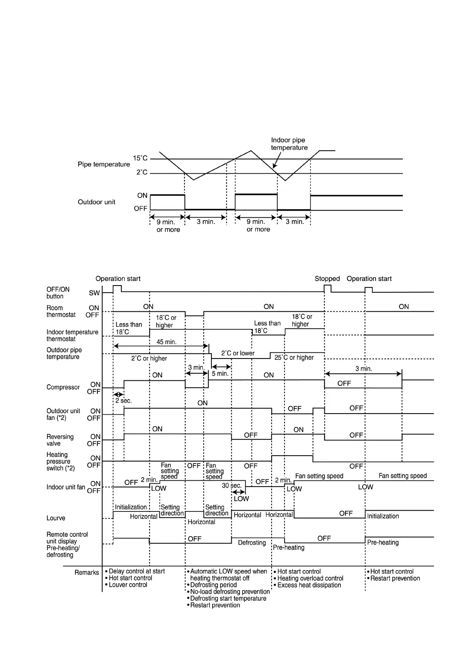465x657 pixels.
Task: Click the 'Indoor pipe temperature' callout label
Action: point(289,144)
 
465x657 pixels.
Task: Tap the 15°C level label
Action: point(140,158)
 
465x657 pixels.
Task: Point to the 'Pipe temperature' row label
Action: point(104,164)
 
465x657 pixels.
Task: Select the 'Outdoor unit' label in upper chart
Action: point(97,202)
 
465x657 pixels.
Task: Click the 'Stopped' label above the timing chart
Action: point(327,279)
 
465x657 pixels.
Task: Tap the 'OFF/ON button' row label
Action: point(58,293)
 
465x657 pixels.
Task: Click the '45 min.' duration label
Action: point(166,342)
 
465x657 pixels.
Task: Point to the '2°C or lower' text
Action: point(238,353)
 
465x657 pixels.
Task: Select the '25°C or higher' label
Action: point(294,357)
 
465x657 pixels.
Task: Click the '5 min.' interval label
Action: point(220,374)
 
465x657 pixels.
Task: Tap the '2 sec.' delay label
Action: point(123,401)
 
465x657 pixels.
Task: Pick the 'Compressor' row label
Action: point(63,387)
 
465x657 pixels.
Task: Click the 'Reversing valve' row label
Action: point(60,440)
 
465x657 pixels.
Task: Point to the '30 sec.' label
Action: point(232,486)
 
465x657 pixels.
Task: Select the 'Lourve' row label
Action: point(56,518)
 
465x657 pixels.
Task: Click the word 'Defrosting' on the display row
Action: point(252,543)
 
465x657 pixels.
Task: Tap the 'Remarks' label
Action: point(87,572)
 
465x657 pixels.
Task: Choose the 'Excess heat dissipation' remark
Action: point(309,585)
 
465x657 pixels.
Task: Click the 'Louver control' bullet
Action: point(128,585)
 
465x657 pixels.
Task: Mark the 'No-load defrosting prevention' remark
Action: point(230,592)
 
